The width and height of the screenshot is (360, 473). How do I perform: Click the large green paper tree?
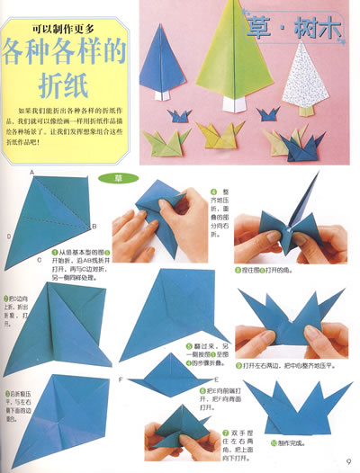(235, 54)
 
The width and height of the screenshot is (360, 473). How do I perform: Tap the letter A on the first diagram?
(31, 171)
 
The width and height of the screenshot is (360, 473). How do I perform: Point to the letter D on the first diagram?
(9, 236)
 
